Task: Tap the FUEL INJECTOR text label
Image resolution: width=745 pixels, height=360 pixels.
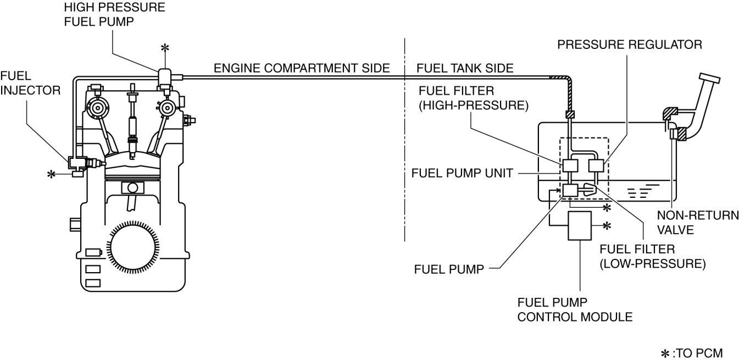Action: (x=31, y=82)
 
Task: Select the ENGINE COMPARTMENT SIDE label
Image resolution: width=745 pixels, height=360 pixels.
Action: (x=302, y=68)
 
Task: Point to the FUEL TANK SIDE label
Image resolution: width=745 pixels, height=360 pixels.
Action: (x=465, y=68)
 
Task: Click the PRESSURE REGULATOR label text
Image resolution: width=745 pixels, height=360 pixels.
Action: (x=629, y=45)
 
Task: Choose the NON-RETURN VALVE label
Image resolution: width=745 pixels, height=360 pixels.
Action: (x=697, y=223)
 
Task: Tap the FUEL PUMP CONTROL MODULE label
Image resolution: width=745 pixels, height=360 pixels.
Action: (x=575, y=309)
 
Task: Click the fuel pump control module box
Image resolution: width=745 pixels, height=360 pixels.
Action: (x=580, y=225)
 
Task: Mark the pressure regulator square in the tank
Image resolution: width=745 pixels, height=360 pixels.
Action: (x=596, y=165)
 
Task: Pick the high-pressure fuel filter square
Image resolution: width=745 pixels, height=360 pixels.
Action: (x=569, y=165)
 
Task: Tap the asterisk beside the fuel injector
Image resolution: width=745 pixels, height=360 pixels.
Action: (x=51, y=174)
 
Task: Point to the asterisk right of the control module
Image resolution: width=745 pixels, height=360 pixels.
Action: (x=607, y=225)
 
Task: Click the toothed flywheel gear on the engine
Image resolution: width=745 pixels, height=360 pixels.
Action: (x=134, y=250)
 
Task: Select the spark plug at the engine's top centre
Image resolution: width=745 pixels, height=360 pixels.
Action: (x=132, y=118)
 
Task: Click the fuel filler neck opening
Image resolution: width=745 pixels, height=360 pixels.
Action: (x=709, y=81)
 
